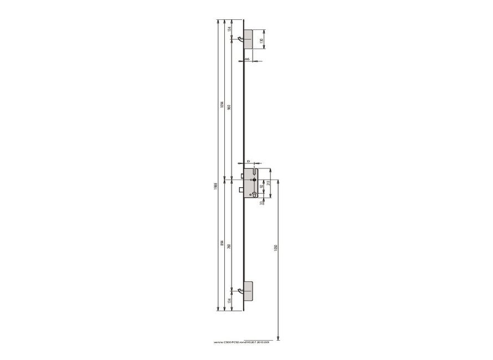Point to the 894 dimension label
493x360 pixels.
(x=221, y=244)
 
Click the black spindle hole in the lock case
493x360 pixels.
(x=254, y=180)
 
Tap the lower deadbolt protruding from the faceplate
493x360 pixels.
(x=242, y=191)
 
